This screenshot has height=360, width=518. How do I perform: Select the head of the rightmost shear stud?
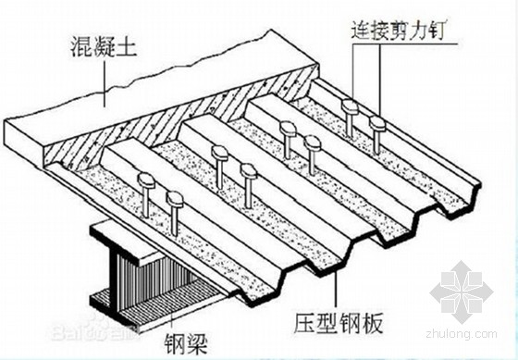pos(378,122)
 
